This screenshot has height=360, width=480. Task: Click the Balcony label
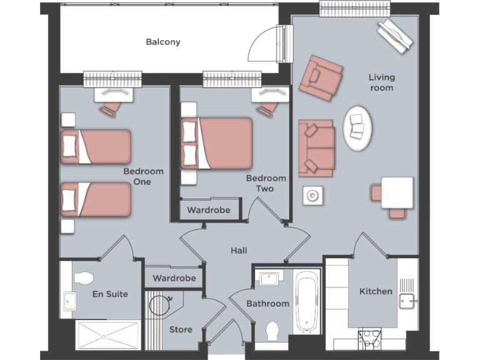tap(163, 42)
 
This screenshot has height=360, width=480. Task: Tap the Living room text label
tap(381, 82)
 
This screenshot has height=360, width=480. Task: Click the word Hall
tap(239, 251)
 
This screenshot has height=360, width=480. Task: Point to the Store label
tap(181, 329)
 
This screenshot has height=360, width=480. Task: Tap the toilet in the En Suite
tap(83, 276)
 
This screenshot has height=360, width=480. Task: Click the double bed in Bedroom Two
tap(217, 143)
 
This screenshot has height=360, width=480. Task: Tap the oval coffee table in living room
tap(359, 129)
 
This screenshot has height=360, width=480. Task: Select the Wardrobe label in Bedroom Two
tap(209, 210)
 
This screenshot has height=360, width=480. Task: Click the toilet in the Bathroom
tap(273, 331)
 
